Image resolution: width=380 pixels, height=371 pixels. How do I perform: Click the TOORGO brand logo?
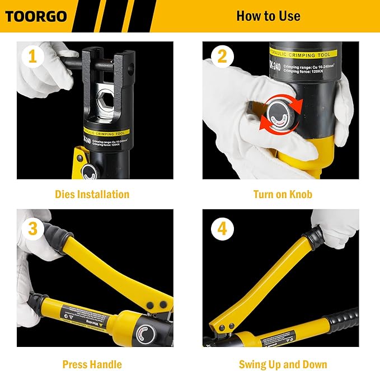pyautogui.click(x=36, y=16)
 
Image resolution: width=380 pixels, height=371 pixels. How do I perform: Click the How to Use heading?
pyautogui.click(x=268, y=16)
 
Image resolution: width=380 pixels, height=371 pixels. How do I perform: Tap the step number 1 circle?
pyautogui.click(x=32, y=57)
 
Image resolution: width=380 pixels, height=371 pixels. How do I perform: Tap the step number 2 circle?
pyautogui.click(x=222, y=57)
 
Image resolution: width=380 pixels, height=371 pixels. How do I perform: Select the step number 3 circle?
pyautogui.click(x=32, y=229)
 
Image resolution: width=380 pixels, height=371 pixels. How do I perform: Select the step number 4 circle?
pyautogui.click(x=222, y=229)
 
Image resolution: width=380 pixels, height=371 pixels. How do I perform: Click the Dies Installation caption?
pyautogui.click(x=92, y=195)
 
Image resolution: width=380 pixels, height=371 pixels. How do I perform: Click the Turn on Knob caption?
pyautogui.click(x=283, y=195)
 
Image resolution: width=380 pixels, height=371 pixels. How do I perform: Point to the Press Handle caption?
pyautogui.click(x=92, y=364)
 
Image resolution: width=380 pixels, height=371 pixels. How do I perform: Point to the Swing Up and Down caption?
pyautogui.click(x=283, y=364)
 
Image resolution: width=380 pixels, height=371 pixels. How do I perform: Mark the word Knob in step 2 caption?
pyautogui.click(x=299, y=195)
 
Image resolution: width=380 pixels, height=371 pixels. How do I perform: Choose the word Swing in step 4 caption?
pyautogui.click(x=253, y=364)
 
